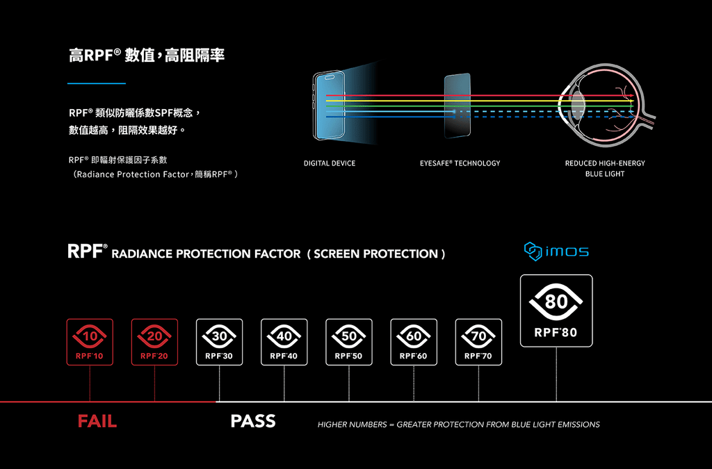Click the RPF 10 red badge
tap(90, 343)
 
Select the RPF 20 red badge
tap(154, 343)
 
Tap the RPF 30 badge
tap(219, 343)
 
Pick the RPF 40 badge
tap(284, 343)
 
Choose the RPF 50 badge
tap(348, 343)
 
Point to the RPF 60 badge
tap(414, 343)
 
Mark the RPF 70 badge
tap(478, 343)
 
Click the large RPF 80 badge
tap(556, 311)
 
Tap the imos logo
tap(556, 250)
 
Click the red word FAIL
tap(97, 421)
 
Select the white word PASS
tap(253, 421)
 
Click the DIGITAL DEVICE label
tap(330, 163)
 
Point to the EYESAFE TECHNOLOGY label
tap(460, 163)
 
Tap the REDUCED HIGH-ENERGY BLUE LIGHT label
tap(605, 168)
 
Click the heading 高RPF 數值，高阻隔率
tap(147, 56)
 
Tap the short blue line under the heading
tap(97, 83)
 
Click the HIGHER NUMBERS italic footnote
tap(458, 425)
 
